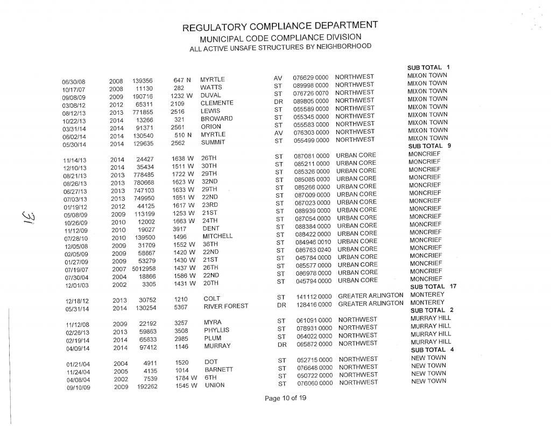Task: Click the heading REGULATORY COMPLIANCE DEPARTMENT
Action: pyautogui.click(x=280, y=27)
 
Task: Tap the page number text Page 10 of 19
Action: pyautogui.click(x=285, y=399)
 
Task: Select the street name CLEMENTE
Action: pyautogui.click(x=216, y=103)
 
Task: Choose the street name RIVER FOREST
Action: pyautogui.click(x=225, y=306)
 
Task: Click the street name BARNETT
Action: pyautogui.click(x=218, y=369)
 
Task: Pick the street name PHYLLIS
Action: pyautogui.click(x=216, y=330)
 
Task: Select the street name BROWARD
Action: pyautogui.click(x=216, y=118)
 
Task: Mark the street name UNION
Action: pyautogui.click(x=214, y=385)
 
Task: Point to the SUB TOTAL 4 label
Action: pyautogui.click(x=433, y=350)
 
